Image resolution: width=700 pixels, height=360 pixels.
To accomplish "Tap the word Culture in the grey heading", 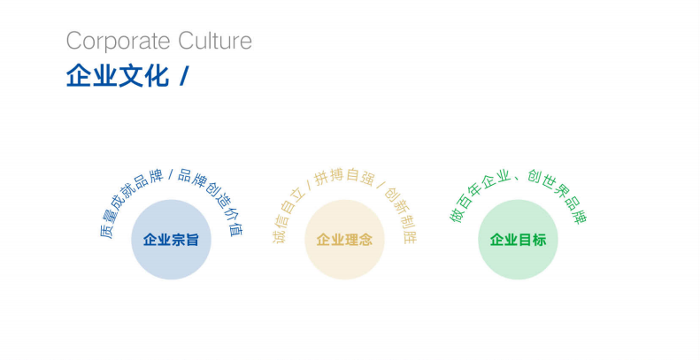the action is (x=215, y=40).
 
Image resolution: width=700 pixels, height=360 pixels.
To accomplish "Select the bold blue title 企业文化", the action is (x=118, y=75).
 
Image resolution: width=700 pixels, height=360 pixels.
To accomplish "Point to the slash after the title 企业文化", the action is (x=183, y=75).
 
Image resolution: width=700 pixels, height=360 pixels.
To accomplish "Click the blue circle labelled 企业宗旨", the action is (x=171, y=240).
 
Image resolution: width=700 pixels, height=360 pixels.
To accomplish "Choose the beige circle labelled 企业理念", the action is (x=344, y=240).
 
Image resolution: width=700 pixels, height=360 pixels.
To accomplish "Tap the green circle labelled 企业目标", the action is (x=518, y=240).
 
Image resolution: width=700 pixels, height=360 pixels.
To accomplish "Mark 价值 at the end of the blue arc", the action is (x=235, y=221).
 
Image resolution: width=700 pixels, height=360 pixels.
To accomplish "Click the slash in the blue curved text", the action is (x=170, y=174).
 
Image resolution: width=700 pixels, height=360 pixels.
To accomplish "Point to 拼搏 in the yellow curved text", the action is (x=328, y=177).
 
